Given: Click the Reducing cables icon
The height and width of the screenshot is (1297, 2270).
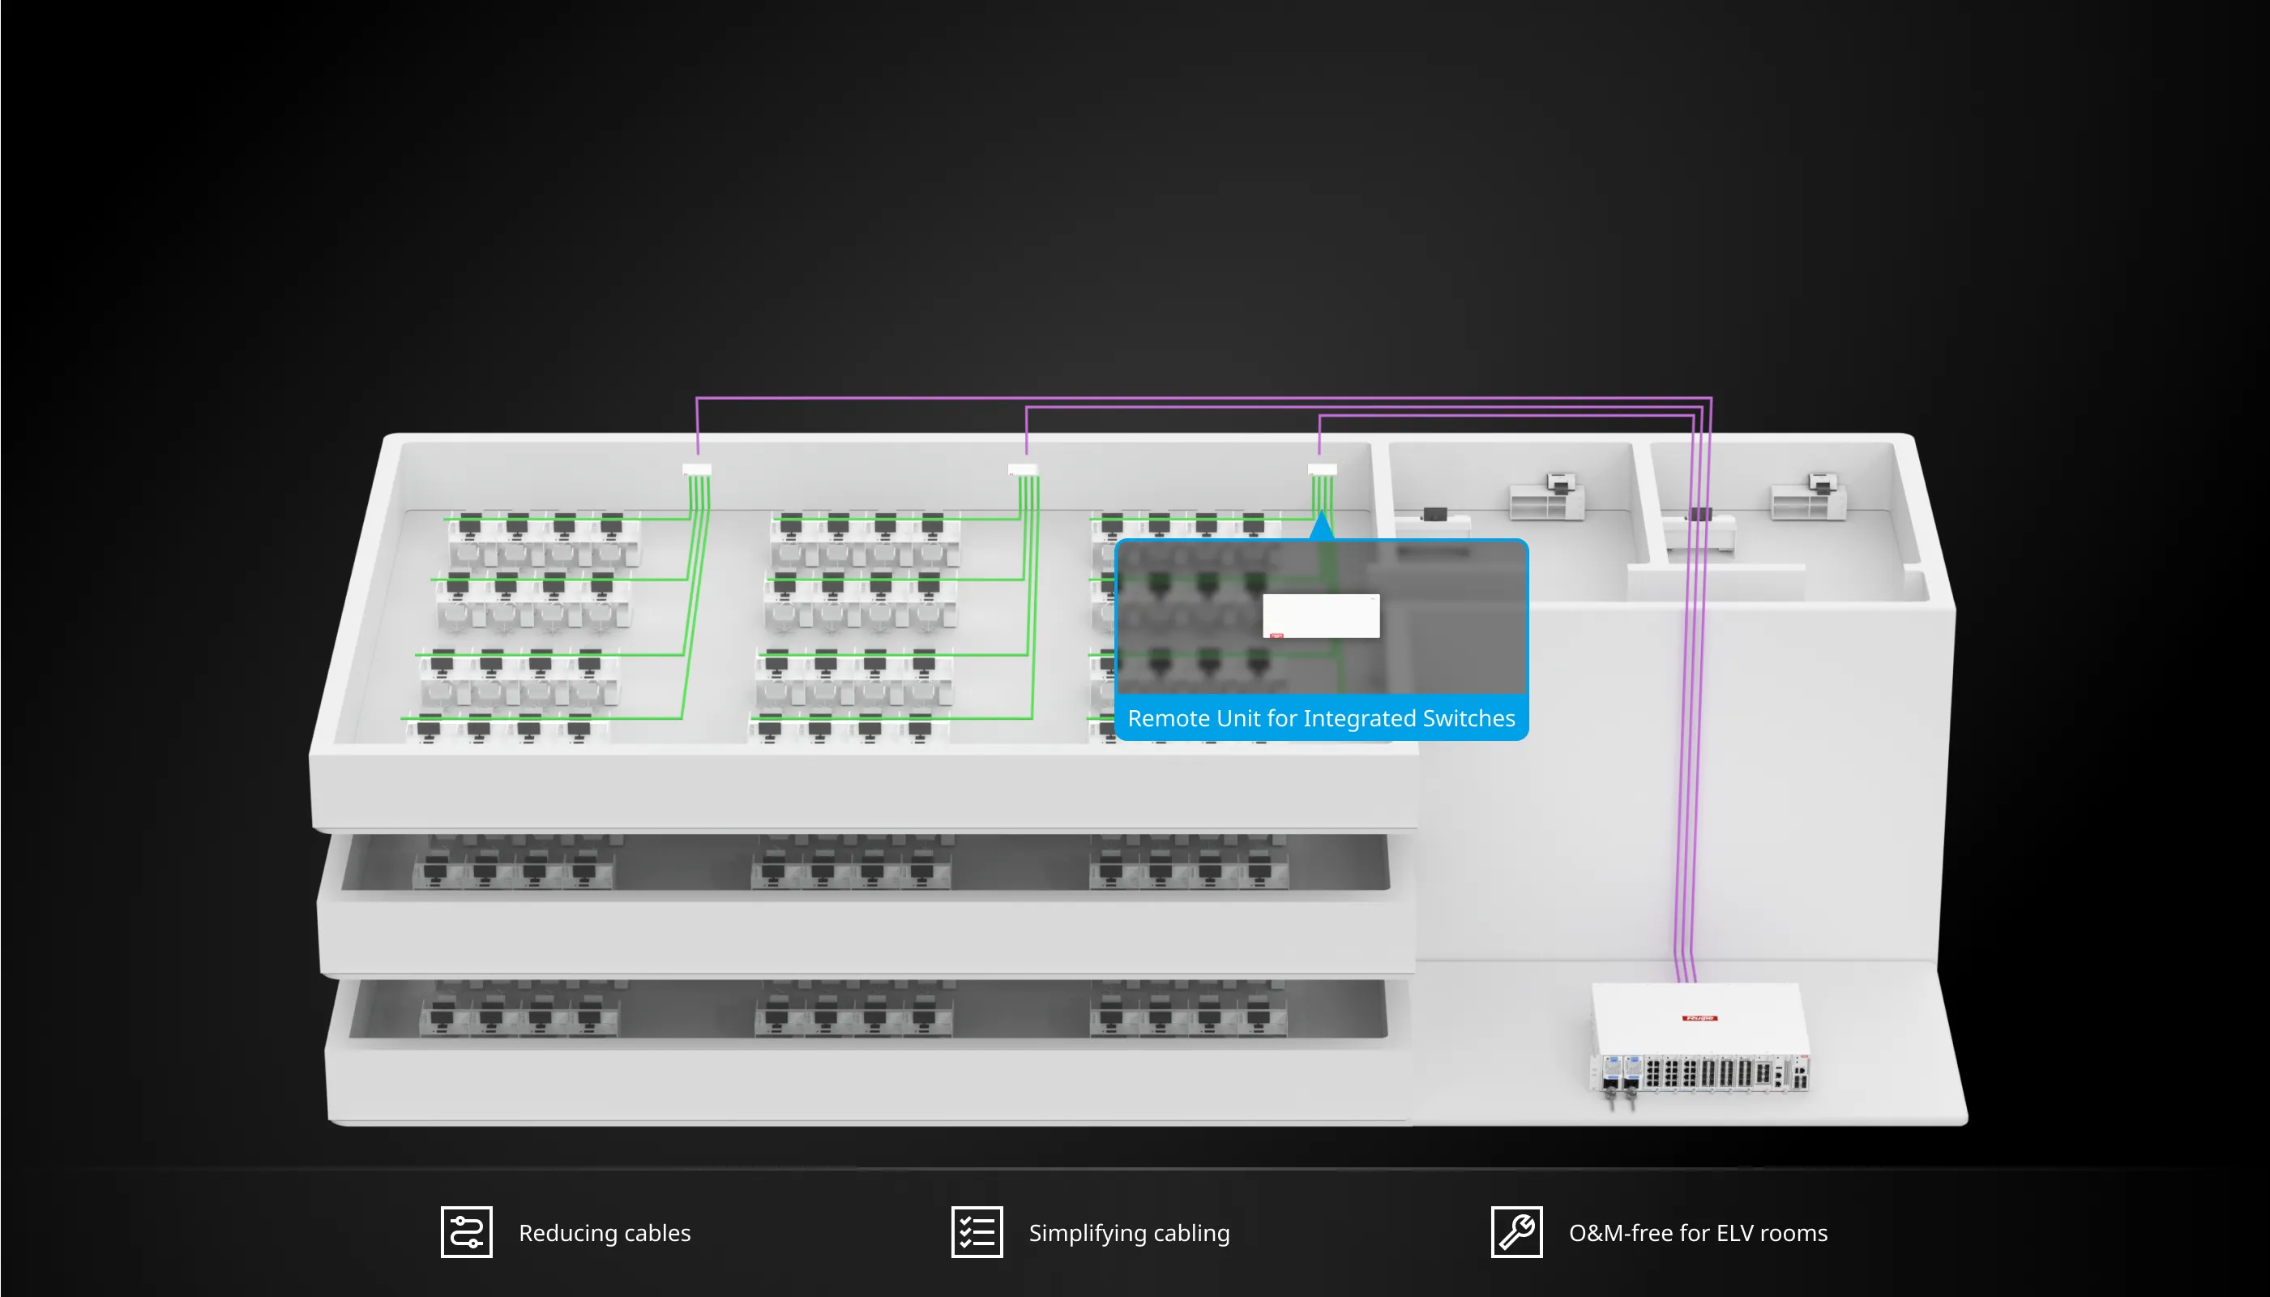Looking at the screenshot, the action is coord(467,1232).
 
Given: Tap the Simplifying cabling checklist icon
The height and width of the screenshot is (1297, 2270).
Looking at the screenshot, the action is coord(977,1232).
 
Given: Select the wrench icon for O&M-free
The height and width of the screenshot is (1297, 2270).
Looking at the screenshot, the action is coord(1516,1232).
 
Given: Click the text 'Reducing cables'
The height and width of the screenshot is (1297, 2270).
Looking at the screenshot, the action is coord(605,1233).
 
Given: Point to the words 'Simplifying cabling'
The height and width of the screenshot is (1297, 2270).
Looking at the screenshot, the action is coord(1129,1233).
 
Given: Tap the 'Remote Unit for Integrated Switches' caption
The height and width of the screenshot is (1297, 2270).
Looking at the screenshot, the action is coord(1322,718).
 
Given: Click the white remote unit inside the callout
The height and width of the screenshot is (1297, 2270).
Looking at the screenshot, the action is coord(1322,615).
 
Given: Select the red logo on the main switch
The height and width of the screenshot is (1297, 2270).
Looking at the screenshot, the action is coord(1699,1018).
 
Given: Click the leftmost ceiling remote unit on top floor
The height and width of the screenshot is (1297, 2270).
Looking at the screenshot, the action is coord(696,469).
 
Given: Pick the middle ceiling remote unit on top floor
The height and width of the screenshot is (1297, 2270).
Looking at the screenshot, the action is coord(1022,469).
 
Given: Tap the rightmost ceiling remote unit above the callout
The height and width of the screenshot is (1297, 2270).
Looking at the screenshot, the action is coord(1323,469).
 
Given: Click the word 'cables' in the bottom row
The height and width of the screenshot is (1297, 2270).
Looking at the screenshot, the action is coord(657,1233).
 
